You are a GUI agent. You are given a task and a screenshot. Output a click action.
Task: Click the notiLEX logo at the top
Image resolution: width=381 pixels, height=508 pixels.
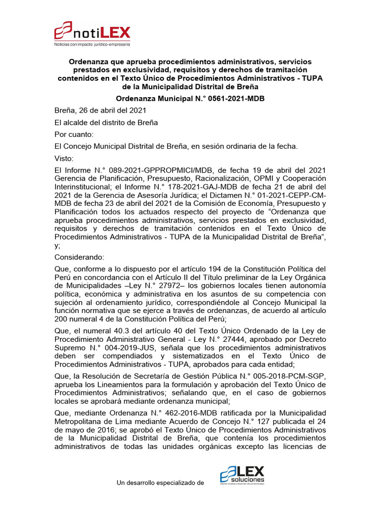[x=92, y=34]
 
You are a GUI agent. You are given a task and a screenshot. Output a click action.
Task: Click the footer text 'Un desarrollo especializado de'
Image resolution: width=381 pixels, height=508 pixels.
[x=160, y=482]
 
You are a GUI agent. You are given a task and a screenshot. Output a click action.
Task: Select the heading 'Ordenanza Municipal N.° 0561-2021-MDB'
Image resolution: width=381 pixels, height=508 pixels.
[x=190, y=99]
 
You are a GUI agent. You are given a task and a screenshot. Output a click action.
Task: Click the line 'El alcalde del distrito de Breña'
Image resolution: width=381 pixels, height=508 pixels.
[x=106, y=123]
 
